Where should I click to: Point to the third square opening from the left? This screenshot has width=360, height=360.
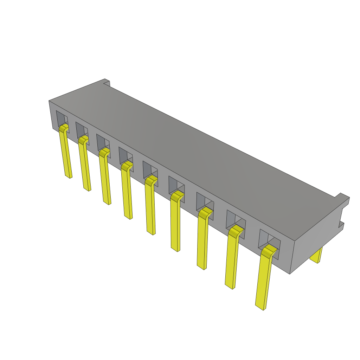(102, 141)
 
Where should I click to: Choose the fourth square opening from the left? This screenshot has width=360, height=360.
(124, 155)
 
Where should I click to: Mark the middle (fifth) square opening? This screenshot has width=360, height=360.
(148, 169)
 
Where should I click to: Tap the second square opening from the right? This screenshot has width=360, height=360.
(234, 218)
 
